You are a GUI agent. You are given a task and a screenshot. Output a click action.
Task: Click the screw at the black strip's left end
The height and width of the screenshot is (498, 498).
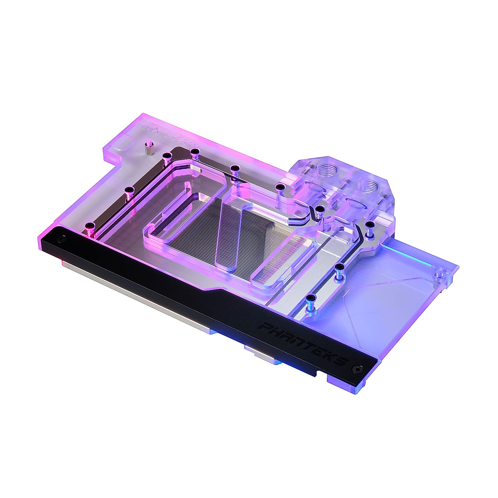[x=61, y=239]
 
